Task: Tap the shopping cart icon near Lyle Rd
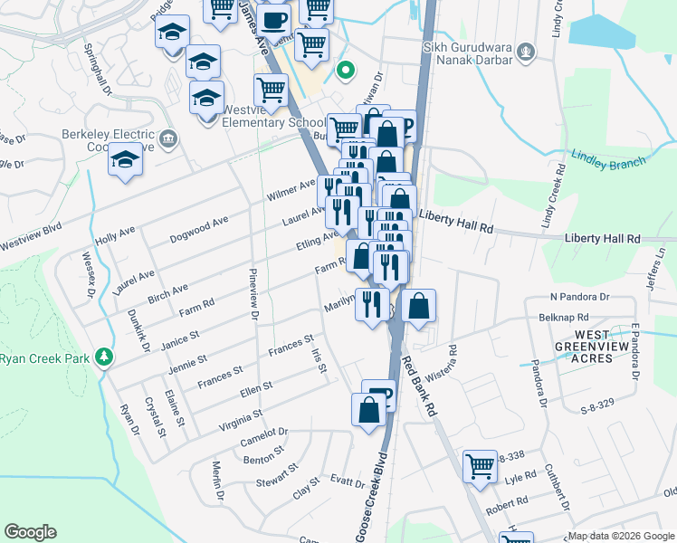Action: coord(480,467)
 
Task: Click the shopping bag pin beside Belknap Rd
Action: coord(419,307)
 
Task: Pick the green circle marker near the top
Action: coord(345,69)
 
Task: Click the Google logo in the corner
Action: coord(30,532)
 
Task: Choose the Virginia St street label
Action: coord(240,419)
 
